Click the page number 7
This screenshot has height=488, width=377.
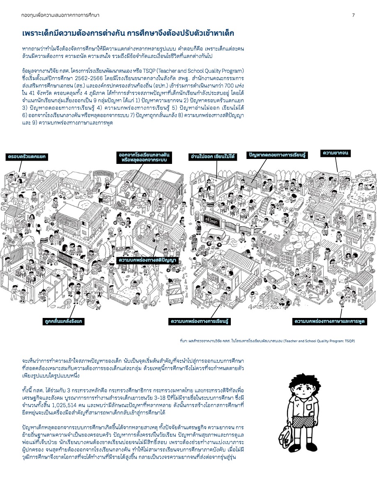point(354,15)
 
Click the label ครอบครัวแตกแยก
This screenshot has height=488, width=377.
point(27,157)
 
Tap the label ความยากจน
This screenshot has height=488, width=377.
point(336,153)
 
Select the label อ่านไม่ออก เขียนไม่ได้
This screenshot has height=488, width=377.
point(212,157)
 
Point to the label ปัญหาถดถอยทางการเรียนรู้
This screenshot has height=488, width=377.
point(277,155)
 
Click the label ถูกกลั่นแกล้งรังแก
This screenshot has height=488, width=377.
point(64,321)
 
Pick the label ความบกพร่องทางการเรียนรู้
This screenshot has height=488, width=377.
point(200,321)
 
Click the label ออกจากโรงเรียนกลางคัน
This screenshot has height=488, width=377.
point(144,155)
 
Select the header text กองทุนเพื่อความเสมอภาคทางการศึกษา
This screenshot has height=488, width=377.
point(60,15)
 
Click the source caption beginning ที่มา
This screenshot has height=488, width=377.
point(267,341)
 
